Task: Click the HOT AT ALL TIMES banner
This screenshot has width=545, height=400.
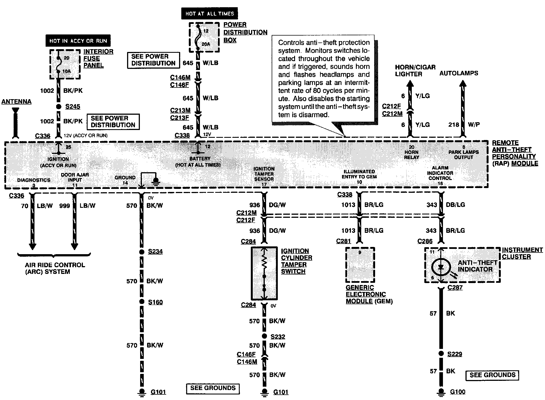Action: pyautogui.click(x=209, y=13)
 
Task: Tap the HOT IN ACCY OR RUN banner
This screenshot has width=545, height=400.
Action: pyautogui.click(x=78, y=41)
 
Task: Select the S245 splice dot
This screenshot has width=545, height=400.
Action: pyautogui.click(x=58, y=106)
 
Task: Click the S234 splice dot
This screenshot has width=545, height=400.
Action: pyautogui.click(x=142, y=252)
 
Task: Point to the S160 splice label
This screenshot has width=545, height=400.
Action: pyautogui.click(x=155, y=302)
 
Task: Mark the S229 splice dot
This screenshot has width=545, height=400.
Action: pyautogui.click(x=441, y=354)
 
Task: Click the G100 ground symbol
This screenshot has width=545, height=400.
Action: pyautogui.click(x=441, y=392)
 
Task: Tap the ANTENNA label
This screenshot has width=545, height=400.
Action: pyautogui.click(x=16, y=102)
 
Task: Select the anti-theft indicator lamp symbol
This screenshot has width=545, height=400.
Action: pyautogui.click(x=441, y=267)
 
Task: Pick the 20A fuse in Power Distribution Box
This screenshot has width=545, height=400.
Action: pyautogui.click(x=198, y=37)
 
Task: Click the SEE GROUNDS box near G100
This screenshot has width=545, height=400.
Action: pyautogui.click(x=492, y=375)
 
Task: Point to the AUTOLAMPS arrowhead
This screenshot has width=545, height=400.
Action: pyautogui.click(x=463, y=84)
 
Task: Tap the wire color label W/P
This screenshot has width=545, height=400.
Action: pyautogui.click(x=474, y=124)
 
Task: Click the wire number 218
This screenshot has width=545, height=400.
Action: pyautogui.click(x=454, y=124)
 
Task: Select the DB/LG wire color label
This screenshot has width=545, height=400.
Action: pyautogui.click(x=455, y=205)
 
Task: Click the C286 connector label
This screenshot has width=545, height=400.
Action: pyautogui.click(x=425, y=241)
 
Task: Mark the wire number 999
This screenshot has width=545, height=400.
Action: pyautogui.click(x=65, y=206)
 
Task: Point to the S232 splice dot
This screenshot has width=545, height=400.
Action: pyautogui.click(x=264, y=336)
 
